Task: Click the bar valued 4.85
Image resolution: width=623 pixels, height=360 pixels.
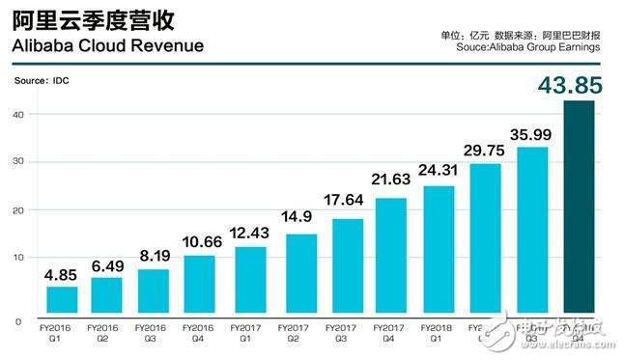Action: [62, 302]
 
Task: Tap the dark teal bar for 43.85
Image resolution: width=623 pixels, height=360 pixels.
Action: [579, 208]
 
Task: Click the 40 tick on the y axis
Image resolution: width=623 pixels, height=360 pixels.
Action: [32, 114]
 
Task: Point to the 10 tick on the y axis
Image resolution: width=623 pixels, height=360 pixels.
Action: [32, 258]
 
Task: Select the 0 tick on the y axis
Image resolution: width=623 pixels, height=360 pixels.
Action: [32, 320]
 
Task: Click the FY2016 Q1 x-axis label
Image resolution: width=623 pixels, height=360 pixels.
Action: [61, 333]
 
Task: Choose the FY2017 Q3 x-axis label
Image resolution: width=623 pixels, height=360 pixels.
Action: [342, 333]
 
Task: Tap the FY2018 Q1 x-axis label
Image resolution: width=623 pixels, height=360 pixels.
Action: [437, 333]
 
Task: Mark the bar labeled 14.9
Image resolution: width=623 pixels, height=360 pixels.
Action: [296, 276]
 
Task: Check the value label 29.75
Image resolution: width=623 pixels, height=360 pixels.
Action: [485, 150]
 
